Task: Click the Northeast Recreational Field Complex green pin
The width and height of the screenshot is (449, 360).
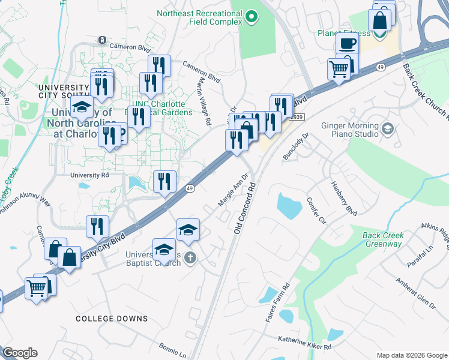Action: [x=251, y=17]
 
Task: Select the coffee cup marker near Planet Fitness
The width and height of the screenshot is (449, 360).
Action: [x=346, y=43]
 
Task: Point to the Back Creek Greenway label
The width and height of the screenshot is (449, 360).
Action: [x=382, y=239]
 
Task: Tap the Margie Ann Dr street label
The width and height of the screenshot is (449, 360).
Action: [x=233, y=191]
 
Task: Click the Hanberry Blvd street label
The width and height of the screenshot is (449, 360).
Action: [x=343, y=198]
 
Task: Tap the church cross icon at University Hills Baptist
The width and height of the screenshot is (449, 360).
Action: [x=190, y=258]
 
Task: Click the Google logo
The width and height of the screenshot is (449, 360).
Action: [x=20, y=353]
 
